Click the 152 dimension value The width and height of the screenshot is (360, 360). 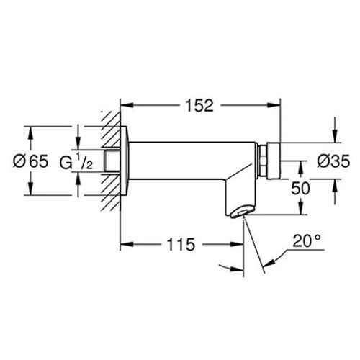click(x=199, y=106)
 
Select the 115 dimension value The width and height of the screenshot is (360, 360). click(x=181, y=245)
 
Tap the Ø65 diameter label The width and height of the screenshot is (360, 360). click(x=30, y=161)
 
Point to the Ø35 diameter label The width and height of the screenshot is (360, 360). click(x=333, y=161)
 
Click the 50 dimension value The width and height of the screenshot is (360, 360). click(x=300, y=188)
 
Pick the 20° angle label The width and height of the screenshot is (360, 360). click(x=307, y=240)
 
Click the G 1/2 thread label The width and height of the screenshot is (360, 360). click(x=76, y=161)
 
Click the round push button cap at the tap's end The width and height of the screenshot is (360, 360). click(x=274, y=161)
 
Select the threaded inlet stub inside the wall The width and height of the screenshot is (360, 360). click(x=112, y=161)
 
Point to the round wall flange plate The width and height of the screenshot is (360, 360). click(x=125, y=161)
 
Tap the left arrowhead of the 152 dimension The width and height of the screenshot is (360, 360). click(x=127, y=105)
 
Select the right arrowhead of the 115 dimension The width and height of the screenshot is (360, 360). click(x=237, y=244)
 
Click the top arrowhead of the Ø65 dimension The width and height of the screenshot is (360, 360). click(x=30, y=132)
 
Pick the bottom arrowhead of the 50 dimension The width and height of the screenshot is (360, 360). click(x=301, y=208)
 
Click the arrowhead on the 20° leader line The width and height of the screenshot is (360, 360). click(x=269, y=263)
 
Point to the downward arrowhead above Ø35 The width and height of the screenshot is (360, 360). click(x=335, y=136)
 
